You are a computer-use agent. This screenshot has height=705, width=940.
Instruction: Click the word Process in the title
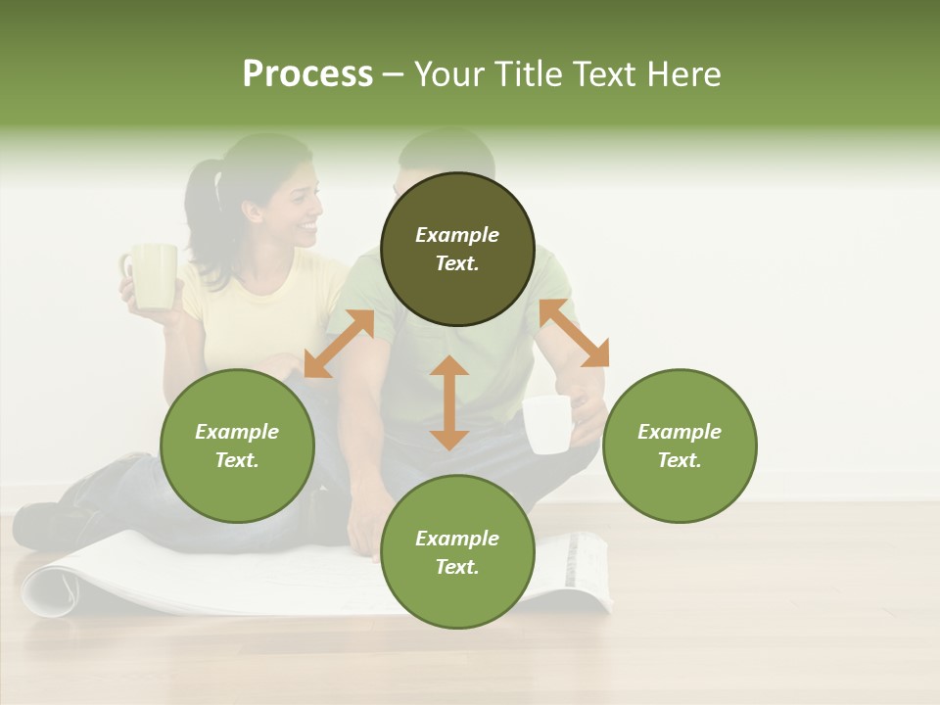(x=307, y=74)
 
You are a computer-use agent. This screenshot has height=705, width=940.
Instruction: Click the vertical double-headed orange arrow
(x=449, y=402)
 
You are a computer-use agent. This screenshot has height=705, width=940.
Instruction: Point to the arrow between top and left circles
(x=339, y=344)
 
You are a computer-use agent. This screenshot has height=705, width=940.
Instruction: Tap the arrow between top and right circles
(x=574, y=333)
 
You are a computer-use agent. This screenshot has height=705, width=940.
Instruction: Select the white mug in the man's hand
(x=546, y=424)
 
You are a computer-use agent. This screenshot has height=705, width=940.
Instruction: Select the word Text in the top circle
(x=456, y=263)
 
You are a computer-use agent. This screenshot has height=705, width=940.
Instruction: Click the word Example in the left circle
(x=237, y=432)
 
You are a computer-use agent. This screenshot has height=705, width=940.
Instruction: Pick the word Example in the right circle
(x=680, y=432)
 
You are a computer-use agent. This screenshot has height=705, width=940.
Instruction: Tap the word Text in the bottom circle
(x=456, y=567)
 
